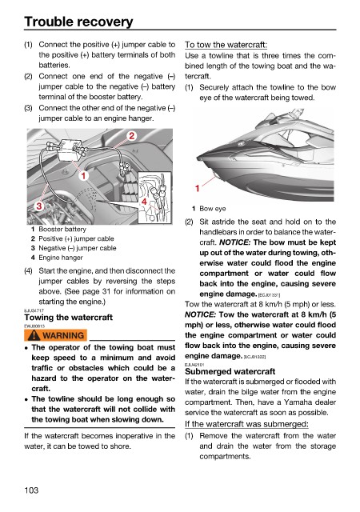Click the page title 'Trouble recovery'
78,22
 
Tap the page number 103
31,490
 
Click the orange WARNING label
55,335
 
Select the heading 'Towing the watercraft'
68,318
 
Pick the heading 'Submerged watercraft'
230,371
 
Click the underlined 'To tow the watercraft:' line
226,45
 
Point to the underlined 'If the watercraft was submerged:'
246,424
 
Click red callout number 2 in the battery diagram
132,135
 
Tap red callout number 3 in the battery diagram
39,206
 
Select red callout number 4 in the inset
144,202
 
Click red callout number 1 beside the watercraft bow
198,189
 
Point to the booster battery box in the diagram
70,150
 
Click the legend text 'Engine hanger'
61,258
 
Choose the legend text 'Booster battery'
62,230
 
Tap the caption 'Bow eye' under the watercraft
213,209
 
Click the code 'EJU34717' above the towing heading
34,310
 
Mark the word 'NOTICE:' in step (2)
234,242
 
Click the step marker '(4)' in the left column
29,271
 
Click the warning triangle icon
34,335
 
